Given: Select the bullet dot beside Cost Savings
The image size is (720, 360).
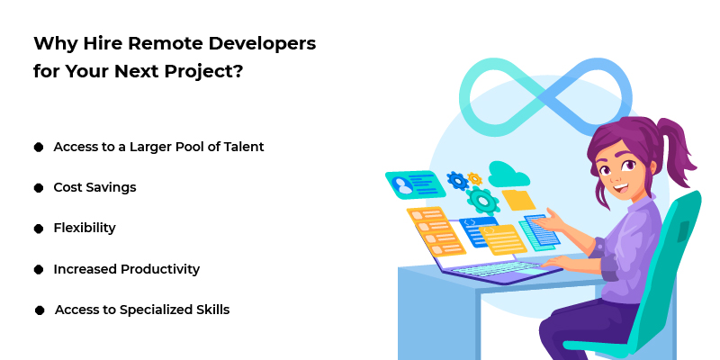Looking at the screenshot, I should [x=39, y=188].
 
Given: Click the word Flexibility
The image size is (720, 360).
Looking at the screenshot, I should [x=85, y=228].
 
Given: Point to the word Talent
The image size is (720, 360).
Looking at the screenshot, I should [x=241, y=147].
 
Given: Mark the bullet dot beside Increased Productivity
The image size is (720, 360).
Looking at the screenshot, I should [x=39, y=269].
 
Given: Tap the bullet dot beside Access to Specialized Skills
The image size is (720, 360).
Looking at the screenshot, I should [x=40, y=310].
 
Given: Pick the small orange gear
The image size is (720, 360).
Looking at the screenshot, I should [x=474, y=178].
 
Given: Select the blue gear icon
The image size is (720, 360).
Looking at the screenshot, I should [x=457, y=181].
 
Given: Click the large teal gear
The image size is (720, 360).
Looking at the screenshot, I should [x=483, y=200].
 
